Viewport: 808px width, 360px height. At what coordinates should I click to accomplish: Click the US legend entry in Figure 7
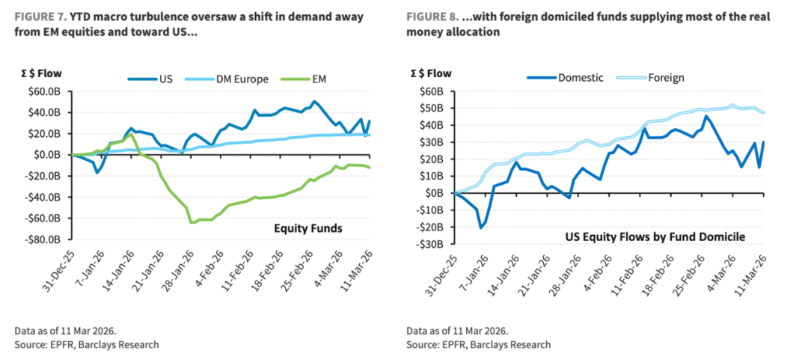[x=156, y=79]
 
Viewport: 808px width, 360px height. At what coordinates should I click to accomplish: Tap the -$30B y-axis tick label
[x=435, y=244]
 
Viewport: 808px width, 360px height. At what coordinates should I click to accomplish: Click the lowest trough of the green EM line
[x=192, y=222]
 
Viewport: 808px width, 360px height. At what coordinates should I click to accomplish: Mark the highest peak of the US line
[x=314, y=101]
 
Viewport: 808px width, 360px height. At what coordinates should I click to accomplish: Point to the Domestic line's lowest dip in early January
[x=480, y=227]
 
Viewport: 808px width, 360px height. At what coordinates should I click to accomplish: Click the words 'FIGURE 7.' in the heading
[x=40, y=16]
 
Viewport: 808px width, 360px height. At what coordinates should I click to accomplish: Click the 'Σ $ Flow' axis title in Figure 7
[x=43, y=73]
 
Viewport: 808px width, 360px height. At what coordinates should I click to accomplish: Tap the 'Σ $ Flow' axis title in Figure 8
[x=432, y=73]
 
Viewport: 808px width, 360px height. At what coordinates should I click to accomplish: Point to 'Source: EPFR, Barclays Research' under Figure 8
[x=479, y=344]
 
